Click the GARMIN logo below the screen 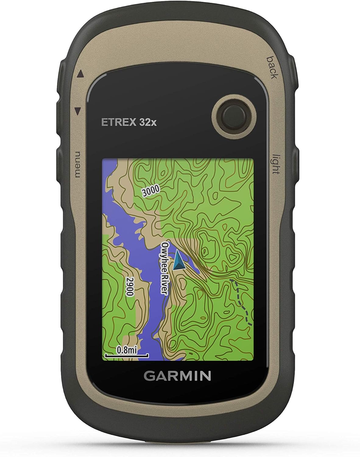tap(177, 376)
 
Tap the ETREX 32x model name tap(129, 122)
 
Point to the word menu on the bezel tap(76, 164)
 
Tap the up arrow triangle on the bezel tap(80, 74)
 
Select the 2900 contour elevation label tap(130, 286)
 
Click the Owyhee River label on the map tap(165, 268)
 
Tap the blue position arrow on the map tap(179, 261)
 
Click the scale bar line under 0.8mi tap(127, 355)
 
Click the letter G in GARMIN tap(149, 376)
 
